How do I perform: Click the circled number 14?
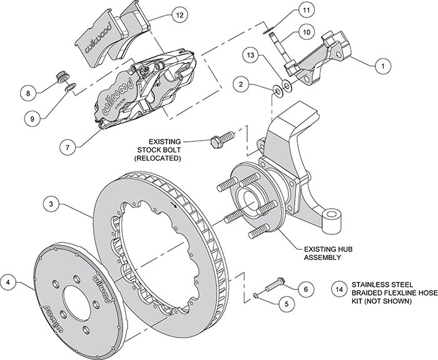tap(339, 289)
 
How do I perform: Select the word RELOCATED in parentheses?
tap(166, 158)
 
